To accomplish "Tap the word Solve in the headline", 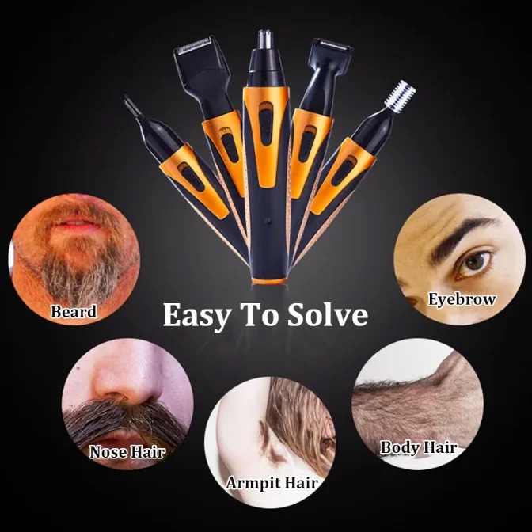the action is point(328,314).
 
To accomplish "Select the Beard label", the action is point(74,311).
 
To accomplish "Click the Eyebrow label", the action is point(462,299).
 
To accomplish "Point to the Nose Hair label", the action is point(127,451).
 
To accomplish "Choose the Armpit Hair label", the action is point(272,483).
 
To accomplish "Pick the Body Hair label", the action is point(418,446).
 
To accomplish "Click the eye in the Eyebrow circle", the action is point(474,263).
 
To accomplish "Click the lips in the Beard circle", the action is point(75,222).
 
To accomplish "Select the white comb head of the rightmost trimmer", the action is point(401,94).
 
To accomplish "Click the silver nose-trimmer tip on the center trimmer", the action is point(266,39).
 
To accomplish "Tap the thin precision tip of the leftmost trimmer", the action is point(131,104).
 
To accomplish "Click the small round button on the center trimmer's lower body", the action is point(268,221).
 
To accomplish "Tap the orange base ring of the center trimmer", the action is point(268,281).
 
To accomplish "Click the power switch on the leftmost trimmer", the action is point(192,177).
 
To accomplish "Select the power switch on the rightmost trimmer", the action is point(344,171).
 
